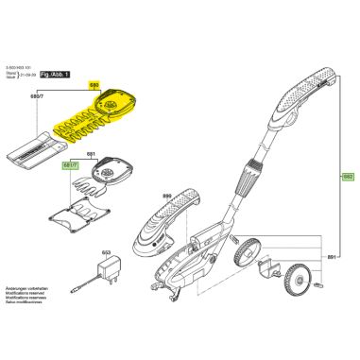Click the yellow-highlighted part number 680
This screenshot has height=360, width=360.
tap(94, 84)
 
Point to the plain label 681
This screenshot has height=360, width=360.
tap(93, 153)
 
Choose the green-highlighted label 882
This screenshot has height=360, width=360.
tap(347, 177)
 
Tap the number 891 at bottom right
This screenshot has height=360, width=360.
tap(330, 257)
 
